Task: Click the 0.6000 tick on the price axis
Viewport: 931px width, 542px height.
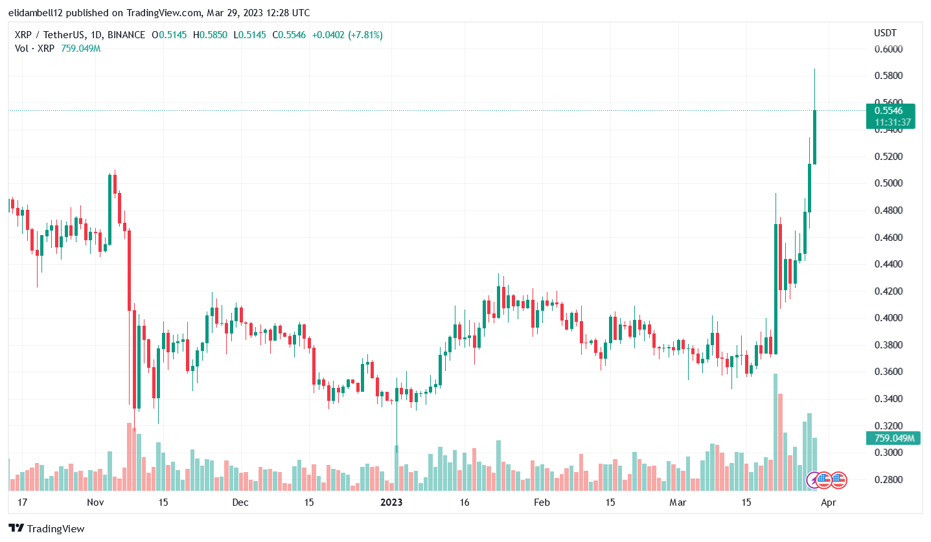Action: (890, 49)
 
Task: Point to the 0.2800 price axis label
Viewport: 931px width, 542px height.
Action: (890, 480)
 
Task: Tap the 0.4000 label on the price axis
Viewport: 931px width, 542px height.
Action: (890, 318)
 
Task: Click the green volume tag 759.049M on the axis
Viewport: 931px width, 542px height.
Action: (892, 438)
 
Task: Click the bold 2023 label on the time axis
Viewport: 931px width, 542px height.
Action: (391, 502)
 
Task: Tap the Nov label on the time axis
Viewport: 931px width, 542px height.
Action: (95, 502)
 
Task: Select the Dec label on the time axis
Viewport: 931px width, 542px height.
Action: (240, 502)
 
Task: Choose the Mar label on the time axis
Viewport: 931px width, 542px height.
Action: (678, 502)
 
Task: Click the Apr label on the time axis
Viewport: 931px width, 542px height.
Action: (827, 502)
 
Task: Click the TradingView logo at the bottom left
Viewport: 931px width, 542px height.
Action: (47, 528)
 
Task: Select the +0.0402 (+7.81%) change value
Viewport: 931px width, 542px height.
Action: (347, 35)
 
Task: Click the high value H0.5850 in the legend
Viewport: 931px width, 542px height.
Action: (210, 35)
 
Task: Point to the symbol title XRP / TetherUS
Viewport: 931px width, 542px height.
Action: (46, 35)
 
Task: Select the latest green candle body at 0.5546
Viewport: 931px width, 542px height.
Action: (814, 137)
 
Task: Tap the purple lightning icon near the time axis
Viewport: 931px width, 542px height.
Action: (813, 480)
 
